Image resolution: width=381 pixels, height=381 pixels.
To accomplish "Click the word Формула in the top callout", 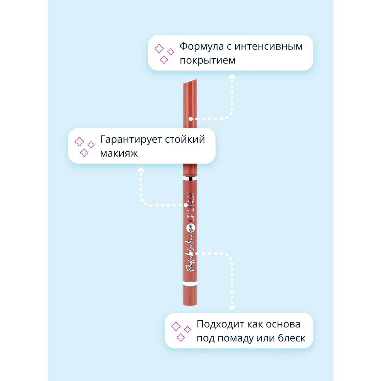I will (201, 47).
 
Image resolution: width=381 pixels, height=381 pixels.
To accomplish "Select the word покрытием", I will (207, 60).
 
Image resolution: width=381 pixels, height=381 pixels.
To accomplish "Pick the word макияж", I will (119, 153).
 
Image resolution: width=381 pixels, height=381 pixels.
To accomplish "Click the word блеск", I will (291, 338).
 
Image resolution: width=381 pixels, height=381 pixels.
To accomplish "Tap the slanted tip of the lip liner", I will (190, 82).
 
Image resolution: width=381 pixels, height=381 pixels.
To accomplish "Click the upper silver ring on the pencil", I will (190, 179).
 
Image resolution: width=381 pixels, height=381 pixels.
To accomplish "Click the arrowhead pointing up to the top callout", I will (232, 77).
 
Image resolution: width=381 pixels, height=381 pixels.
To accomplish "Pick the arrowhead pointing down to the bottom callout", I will (232, 308).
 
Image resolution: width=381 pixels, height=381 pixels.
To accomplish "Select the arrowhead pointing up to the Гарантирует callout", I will (141, 170).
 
